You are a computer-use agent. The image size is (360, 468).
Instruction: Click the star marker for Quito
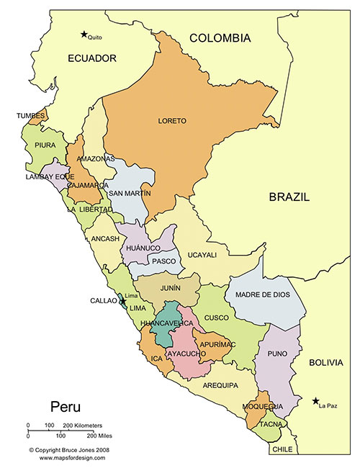pos(84,34)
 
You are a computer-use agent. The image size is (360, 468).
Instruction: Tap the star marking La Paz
pos(316,401)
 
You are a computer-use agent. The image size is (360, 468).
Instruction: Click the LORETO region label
pos(172,121)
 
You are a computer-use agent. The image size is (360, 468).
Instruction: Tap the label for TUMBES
pos(31,115)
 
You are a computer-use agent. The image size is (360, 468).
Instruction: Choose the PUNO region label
pos(278,354)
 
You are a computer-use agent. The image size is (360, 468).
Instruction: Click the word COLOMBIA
pos(220,38)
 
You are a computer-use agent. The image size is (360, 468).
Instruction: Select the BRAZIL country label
pos(289,197)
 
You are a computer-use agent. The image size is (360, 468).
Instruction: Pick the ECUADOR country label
pos(92,58)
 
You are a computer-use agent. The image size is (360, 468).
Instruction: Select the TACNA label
pos(271,424)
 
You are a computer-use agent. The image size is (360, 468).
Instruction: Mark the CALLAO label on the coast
pos(103,301)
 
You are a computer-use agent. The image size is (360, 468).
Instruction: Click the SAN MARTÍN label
pos(130,194)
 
